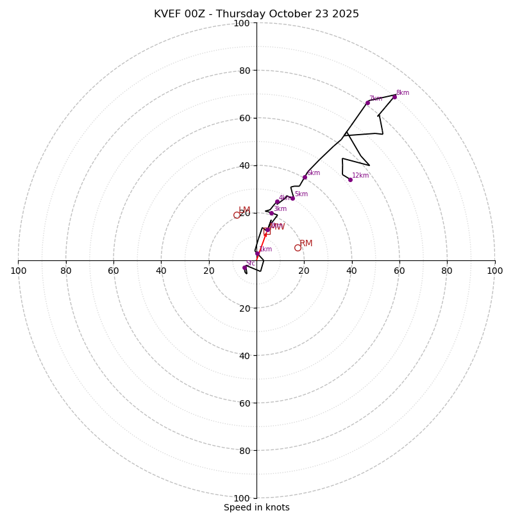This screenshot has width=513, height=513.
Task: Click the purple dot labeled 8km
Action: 394,97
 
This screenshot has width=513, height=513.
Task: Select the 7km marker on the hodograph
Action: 367,103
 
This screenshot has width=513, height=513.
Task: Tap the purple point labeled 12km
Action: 350,180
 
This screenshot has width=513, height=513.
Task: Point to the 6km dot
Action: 305,177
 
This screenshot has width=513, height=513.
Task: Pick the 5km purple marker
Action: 292,198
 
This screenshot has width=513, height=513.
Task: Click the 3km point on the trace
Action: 271,213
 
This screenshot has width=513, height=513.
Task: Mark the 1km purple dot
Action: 257,253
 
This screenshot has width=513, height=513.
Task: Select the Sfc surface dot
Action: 244,267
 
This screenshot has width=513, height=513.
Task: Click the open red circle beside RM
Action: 298,248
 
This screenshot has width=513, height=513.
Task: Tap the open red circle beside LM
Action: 237,215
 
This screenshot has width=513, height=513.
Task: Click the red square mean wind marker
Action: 267,231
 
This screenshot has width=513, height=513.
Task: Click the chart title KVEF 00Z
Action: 256,14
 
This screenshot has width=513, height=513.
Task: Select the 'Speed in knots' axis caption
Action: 256,507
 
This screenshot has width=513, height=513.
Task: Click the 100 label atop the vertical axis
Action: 242,23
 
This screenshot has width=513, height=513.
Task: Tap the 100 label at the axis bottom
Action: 242,498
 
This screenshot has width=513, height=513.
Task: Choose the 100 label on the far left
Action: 18,271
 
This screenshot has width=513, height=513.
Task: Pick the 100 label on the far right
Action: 494,271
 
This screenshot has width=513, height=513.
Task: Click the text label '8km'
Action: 403,93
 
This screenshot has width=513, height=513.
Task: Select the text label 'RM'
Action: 306,244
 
